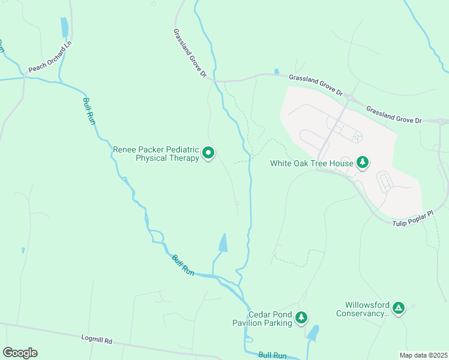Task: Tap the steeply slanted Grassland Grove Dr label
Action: (190, 53)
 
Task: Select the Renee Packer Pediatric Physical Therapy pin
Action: (208, 154)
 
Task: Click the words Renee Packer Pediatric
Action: (155, 149)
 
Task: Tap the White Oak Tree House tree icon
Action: (362, 163)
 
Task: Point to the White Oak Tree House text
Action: (310, 163)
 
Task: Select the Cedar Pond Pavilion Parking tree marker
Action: (301, 317)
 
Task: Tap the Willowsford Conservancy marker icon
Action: (398, 308)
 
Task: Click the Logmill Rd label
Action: (97, 339)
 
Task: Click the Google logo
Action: (20, 353)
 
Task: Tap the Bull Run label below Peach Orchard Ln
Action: (88, 111)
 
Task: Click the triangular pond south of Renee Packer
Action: (223, 243)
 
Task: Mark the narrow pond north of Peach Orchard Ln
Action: (64, 28)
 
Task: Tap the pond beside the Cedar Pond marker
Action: (312, 333)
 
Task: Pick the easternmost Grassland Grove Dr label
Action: (394, 116)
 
